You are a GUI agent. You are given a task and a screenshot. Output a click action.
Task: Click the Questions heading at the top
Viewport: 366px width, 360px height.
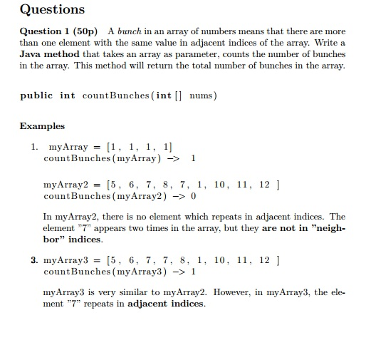[52, 10]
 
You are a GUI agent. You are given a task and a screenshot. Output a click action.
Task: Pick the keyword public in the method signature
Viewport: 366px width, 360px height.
[36, 96]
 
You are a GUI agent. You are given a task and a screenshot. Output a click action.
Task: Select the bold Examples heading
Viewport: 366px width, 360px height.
[42, 126]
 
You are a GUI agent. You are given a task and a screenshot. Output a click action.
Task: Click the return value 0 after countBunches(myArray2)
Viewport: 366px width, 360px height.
[193, 195]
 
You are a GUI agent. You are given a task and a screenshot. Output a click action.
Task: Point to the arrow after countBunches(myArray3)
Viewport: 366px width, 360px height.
[177, 272]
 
